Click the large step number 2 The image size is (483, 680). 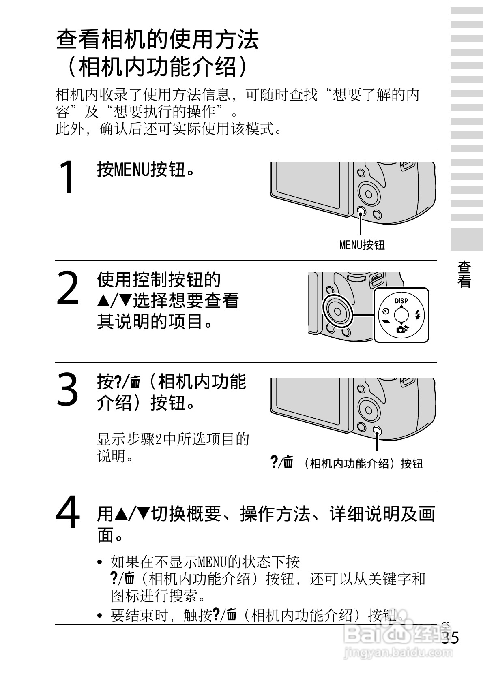(68, 287)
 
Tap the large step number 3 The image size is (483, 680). (67, 389)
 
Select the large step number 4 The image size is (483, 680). (68, 512)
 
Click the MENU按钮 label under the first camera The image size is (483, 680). (362, 245)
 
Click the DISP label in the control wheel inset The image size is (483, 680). (401, 301)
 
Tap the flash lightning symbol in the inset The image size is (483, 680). (418, 315)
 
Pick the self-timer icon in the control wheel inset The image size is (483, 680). (386, 311)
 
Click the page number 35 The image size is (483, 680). (450, 637)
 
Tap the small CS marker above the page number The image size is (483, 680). (445, 625)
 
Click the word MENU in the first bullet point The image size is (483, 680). (213, 562)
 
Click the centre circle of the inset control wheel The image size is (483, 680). (401, 315)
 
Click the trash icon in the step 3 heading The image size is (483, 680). (135, 383)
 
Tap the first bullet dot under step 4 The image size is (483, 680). (100, 562)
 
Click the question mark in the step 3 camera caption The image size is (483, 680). (274, 462)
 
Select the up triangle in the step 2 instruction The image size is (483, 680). (103, 301)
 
